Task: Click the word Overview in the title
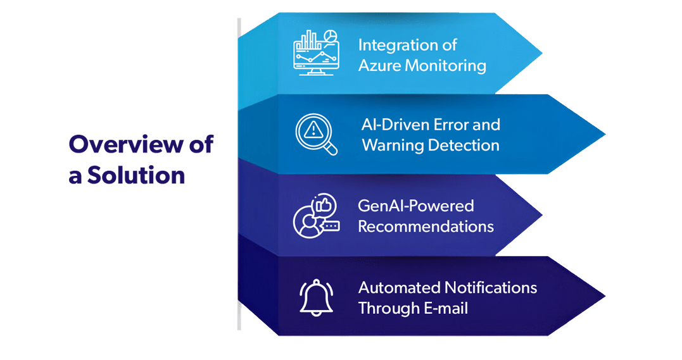127,144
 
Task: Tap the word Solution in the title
136,175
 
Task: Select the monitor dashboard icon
316,53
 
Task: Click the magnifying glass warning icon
316,134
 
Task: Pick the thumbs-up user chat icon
316,216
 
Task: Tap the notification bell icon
316,297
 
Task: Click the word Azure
379,66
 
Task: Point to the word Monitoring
445,66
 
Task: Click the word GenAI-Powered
416,206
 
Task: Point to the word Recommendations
426,227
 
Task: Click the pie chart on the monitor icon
331,35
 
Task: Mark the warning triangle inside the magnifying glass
313,130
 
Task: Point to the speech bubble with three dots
331,227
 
